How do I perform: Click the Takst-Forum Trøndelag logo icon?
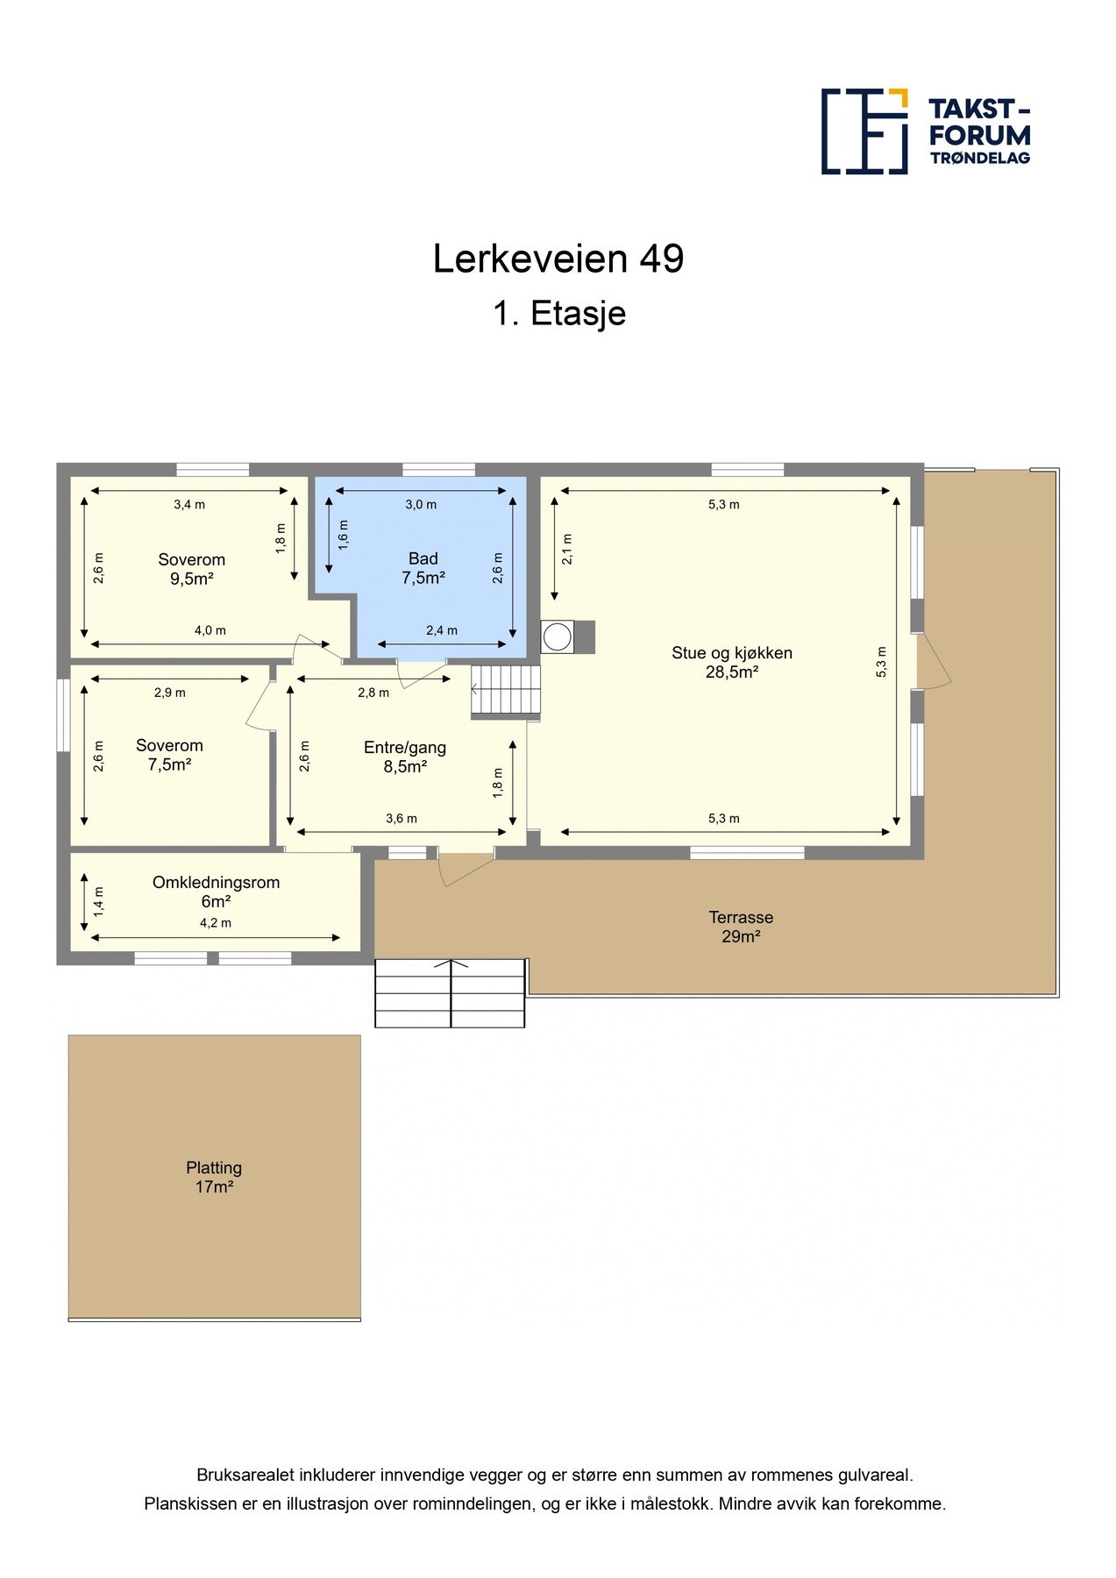pyautogui.click(x=864, y=131)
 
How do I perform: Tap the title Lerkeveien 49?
pyautogui.click(x=558, y=259)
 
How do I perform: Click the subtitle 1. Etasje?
pyautogui.click(x=558, y=314)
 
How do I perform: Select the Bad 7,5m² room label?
pyautogui.click(x=423, y=568)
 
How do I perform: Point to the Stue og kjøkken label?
pyautogui.click(x=731, y=662)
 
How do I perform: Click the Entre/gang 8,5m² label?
pyautogui.click(x=404, y=757)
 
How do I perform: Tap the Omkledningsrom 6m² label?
pyautogui.click(x=216, y=892)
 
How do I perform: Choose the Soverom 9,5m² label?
pyautogui.click(x=191, y=569)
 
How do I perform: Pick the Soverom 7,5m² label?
pyautogui.click(x=169, y=755)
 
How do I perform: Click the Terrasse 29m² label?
pyautogui.click(x=741, y=927)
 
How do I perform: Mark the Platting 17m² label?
pyautogui.click(x=213, y=1177)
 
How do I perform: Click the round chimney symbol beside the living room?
pyautogui.click(x=557, y=637)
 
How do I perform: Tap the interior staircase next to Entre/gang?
pyautogui.click(x=506, y=690)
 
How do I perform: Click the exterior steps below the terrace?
pyautogui.click(x=450, y=993)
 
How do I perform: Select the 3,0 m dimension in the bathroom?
pyautogui.click(x=421, y=504)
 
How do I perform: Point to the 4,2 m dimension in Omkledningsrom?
pyautogui.click(x=216, y=922)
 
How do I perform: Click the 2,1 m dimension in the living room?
pyautogui.click(x=567, y=549)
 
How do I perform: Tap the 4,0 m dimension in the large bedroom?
pyautogui.click(x=210, y=630)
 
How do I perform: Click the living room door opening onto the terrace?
pyautogui.click(x=931, y=662)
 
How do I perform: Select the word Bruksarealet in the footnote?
pyautogui.click(x=245, y=1475)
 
